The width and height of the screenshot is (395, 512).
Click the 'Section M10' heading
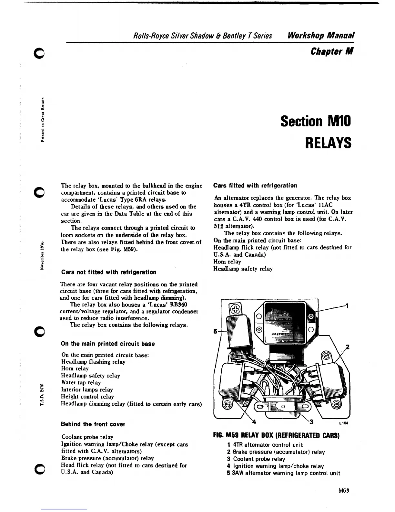315,121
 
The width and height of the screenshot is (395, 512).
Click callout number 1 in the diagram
347,305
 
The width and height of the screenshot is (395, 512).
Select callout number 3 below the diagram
311,421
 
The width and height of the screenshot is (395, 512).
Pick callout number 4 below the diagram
254,421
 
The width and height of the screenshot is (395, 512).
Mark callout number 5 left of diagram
215,331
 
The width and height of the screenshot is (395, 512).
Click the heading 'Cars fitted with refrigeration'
255,186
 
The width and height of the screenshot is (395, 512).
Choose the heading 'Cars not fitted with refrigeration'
109,272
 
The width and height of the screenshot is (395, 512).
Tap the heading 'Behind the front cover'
93,424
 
